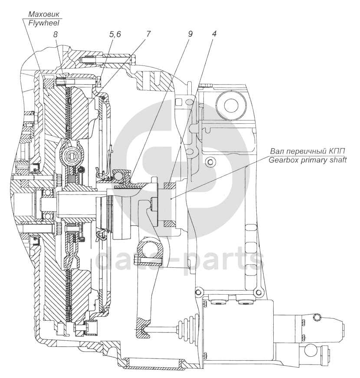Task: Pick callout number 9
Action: click(190, 34)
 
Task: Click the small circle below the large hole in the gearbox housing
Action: click(210, 162)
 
